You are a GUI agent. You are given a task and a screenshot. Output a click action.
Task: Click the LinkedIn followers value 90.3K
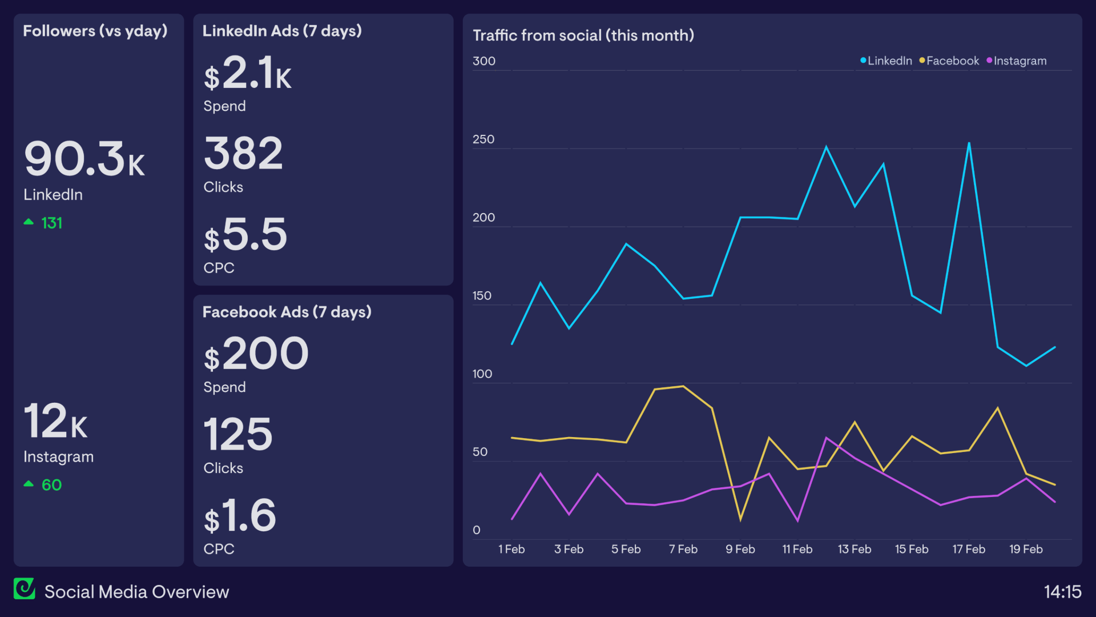[84, 159]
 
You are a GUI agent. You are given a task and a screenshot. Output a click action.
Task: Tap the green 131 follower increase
[51, 223]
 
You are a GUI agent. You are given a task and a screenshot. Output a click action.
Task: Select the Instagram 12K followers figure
[55, 422]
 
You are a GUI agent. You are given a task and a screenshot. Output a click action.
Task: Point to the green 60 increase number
[51, 485]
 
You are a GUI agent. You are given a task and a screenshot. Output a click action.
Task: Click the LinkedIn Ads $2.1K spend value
[247, 73]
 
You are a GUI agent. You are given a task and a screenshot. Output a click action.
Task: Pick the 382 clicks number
[243, 154]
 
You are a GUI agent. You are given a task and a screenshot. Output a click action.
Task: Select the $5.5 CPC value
[245, 235]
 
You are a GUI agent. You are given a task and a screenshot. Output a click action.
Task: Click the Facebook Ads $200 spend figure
[256, 354]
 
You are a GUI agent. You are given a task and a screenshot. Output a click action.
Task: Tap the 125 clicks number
[238, 435]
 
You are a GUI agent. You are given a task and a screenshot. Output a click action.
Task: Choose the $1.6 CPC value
[240, 516]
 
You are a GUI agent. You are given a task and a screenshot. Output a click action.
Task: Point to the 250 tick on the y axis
[483, 139]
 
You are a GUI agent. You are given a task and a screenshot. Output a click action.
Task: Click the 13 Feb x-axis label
[854, 549]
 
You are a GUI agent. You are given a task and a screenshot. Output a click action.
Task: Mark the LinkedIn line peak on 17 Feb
[969, 143]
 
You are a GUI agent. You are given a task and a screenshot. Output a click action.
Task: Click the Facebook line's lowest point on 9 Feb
[740, 519]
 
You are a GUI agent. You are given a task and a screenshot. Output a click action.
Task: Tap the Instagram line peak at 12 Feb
[826, 438]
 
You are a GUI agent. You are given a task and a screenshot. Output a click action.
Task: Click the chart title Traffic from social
[583, 35]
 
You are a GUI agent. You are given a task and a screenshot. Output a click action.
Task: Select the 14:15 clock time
[1062, 591]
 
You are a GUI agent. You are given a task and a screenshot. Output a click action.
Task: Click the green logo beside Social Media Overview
[25, 588]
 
